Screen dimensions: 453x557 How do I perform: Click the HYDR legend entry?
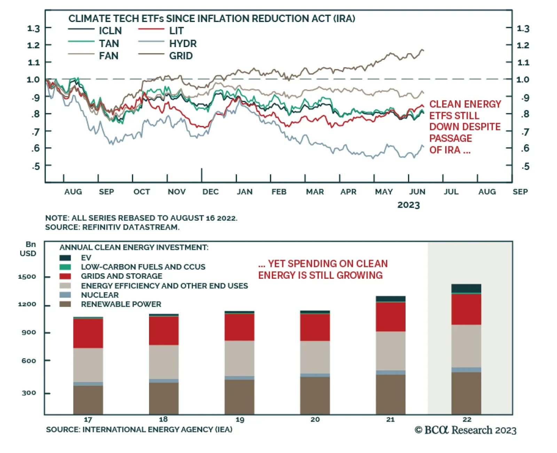tap(183, 44)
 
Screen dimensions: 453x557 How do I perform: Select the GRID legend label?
tap(181, 56)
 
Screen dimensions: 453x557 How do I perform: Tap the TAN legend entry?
tap(109, 44)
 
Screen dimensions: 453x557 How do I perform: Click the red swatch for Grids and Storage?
tap(65, 276)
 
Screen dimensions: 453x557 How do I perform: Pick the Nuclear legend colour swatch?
tap(65, 295)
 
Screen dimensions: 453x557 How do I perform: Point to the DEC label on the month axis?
tap(211, 192)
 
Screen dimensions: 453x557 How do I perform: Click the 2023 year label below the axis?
tap(408, 205)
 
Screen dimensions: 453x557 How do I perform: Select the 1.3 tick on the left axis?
tap(33, 28)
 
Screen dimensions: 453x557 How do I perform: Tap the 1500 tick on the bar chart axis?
tap(27, 277)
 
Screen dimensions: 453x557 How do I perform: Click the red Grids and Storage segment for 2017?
tap(88, 333)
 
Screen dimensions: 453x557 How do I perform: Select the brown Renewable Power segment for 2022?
tap(466, 393)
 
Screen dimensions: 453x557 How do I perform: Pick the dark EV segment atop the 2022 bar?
tap(466, 288)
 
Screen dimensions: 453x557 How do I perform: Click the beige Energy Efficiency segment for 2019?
tap(239, 358)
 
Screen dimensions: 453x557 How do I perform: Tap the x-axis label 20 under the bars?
tap(315, 420)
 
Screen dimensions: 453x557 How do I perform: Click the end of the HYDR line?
tap(423, 146)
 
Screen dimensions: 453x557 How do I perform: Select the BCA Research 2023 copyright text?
tap(465, 430)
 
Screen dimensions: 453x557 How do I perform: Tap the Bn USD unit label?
tap(28, 249)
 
